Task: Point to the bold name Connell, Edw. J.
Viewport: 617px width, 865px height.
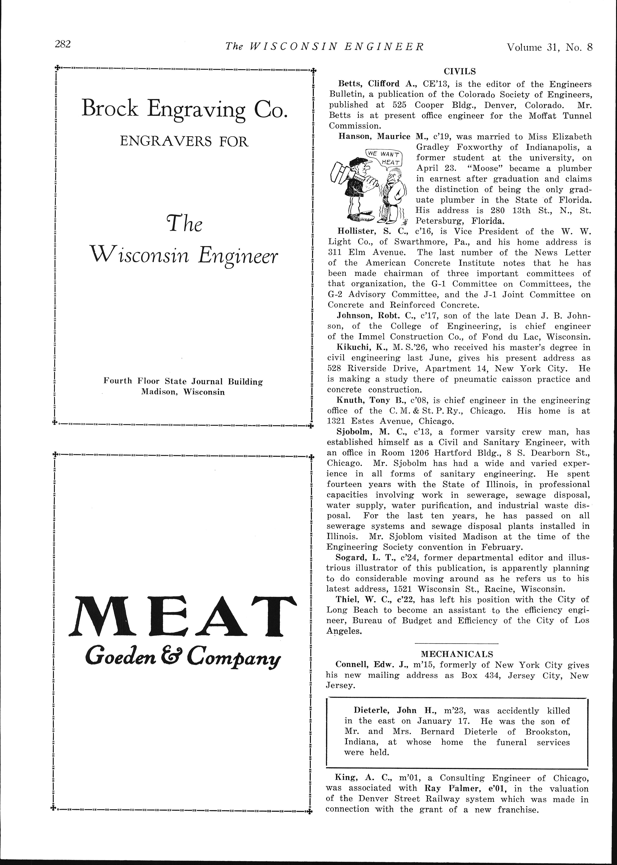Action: pos(367,665)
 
